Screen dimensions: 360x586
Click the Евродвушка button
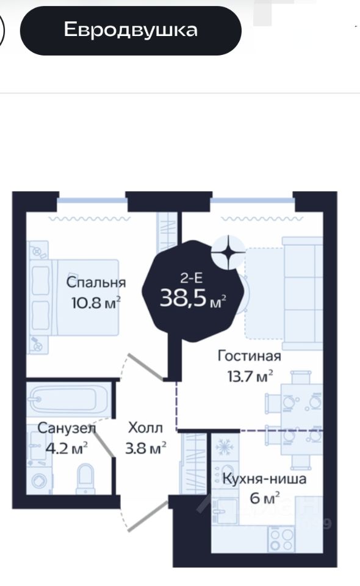coord(131,31)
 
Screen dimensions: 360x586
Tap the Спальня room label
coord(96,282)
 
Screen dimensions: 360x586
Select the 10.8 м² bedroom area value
coord(96,302)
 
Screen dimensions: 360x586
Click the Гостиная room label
coord(250,356)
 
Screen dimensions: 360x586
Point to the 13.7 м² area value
coord(250,376)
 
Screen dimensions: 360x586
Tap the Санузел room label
coord(67,429)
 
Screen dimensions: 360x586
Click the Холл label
coord(145,427)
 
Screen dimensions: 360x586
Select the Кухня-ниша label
coord(264,479)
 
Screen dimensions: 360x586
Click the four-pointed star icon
coord(228,252)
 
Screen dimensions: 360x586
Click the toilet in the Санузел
coord(86,479)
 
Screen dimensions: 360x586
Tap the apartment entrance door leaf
coord(148,516)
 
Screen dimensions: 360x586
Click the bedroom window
coord(92,201)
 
